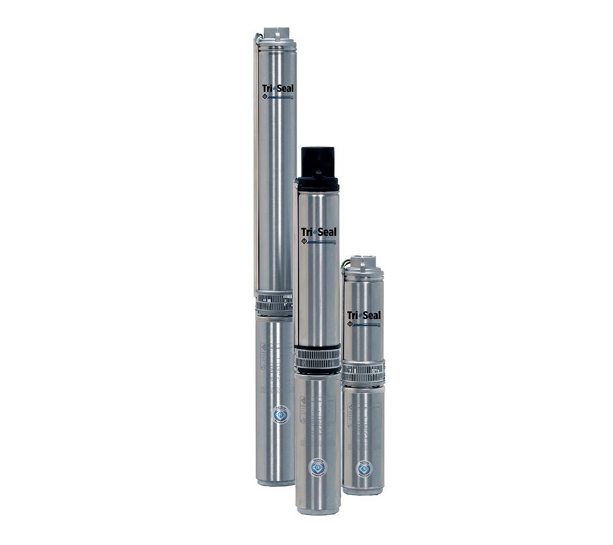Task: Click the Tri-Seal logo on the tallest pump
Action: (276, 89)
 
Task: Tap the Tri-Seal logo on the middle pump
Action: (318, 233)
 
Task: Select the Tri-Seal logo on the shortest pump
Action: (363, 316)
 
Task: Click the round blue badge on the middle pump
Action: (317, 467)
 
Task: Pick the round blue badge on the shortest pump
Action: (363, 468)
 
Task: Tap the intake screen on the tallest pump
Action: (274, 303)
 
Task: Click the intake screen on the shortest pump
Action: (363, 374)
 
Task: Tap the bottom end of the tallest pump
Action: (275, 480)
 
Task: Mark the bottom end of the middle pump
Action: (318, 509)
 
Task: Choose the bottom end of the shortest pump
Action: (363, 490)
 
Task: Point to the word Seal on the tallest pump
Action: (282, 89)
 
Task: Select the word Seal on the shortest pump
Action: (370, 316)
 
